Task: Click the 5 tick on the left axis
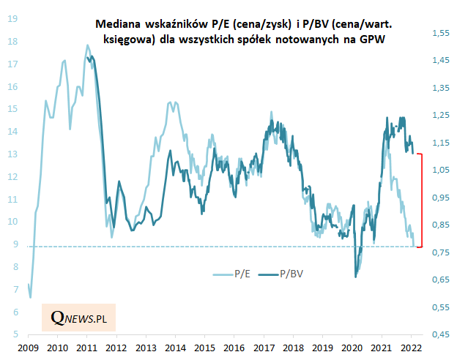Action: tap(12, 334)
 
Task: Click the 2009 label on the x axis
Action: tap(28, 348)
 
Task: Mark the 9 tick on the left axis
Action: tap(12, 244)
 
